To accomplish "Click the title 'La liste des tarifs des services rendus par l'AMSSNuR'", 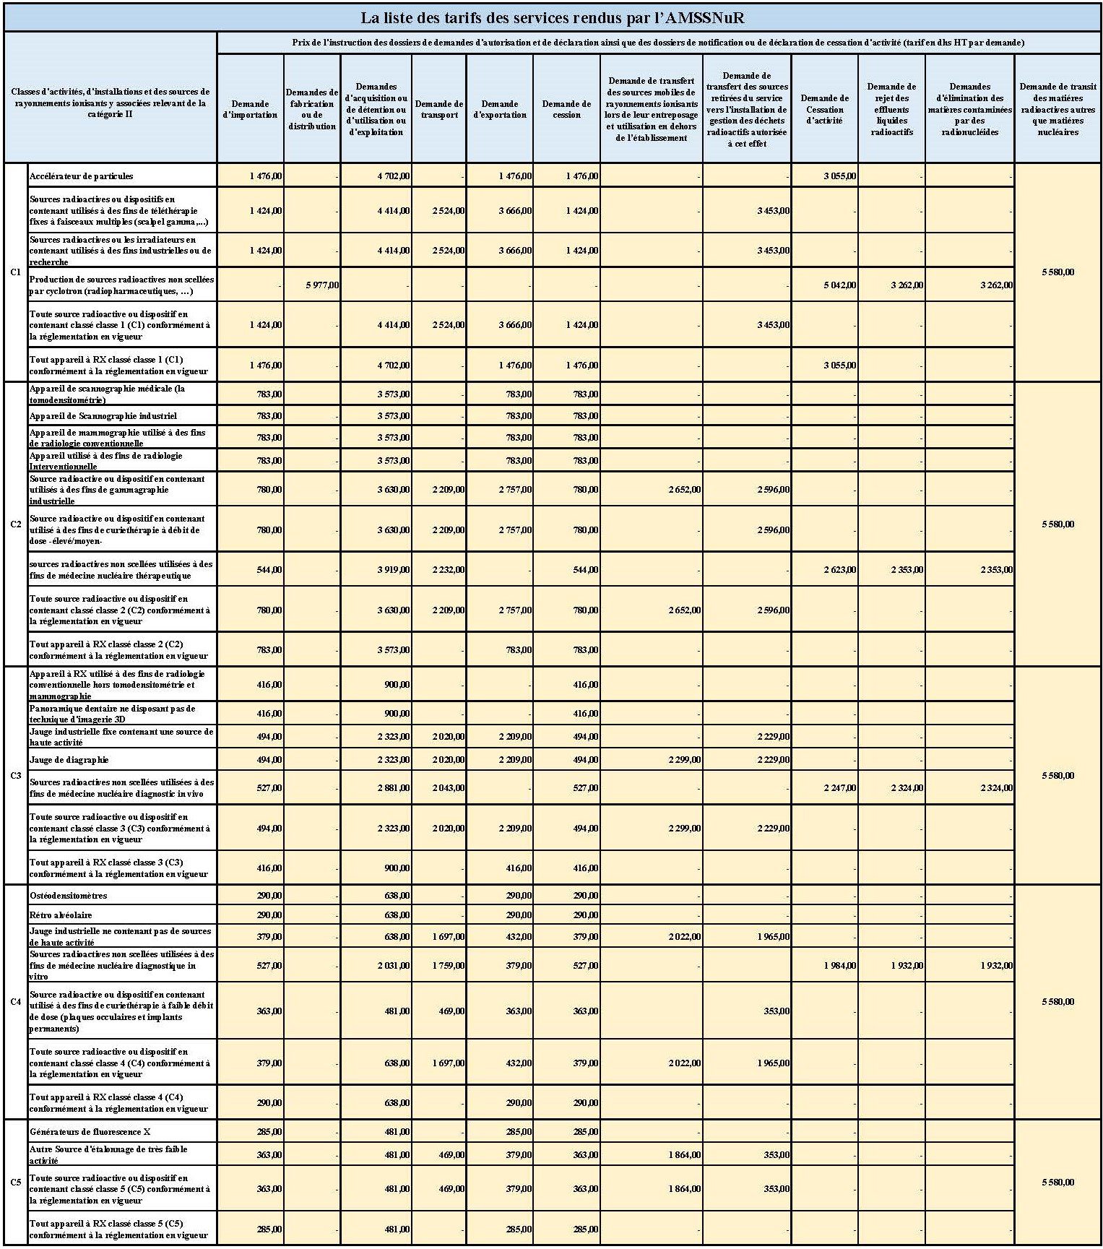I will click(x=552, y=18).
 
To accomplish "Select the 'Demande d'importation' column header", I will click(x=250, y=109).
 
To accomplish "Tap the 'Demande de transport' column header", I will click(x=439, y=109).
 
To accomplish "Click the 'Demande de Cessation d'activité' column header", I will click(x=824, y=109).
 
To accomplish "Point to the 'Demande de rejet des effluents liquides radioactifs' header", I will click(x=891, y=109).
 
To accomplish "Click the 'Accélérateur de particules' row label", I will click(x=82, y=176).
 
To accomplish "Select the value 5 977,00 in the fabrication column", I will click(x=321, y=285).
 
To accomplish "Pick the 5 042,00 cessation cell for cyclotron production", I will click(x=840, y=285).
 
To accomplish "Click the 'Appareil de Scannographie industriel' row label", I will click(x=103, y=416).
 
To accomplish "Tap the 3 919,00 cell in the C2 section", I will click(x=394, y=570).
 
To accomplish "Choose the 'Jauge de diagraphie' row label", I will click(x=69, y=760).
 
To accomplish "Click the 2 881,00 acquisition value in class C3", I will click(x=394, y=788).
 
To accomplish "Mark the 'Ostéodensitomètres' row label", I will click(x=69, y=896).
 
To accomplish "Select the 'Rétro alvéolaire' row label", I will click(x=61, y=915).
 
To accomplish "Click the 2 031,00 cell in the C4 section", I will click(x=394, y=966).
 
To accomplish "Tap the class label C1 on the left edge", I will click(x=16, y=272).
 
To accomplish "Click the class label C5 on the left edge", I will click(x=16, y=1183).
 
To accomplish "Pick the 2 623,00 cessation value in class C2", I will click(x=840, y=570).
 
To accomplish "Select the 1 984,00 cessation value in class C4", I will click(x=840, y=966).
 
